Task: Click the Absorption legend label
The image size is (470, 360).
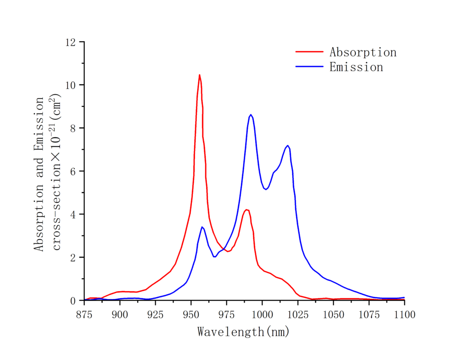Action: (363, 52)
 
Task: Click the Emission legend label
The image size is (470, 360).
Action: (356, 67)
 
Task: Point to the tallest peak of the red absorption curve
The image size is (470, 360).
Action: (199, 75)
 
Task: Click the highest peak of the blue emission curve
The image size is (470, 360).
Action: (251, 115)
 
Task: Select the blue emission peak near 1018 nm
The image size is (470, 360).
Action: (288, 146)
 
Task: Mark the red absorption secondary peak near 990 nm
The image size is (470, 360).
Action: (247, 210)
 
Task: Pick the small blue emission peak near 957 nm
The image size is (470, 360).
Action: (202, 227)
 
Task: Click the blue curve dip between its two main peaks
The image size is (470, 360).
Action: (266, 189)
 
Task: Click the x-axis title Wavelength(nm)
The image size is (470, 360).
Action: (244, 332)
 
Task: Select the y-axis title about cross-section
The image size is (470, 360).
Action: (48, 174)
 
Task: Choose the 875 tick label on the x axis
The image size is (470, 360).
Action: (84, 315)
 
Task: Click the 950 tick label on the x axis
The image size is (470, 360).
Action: (191, 315)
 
